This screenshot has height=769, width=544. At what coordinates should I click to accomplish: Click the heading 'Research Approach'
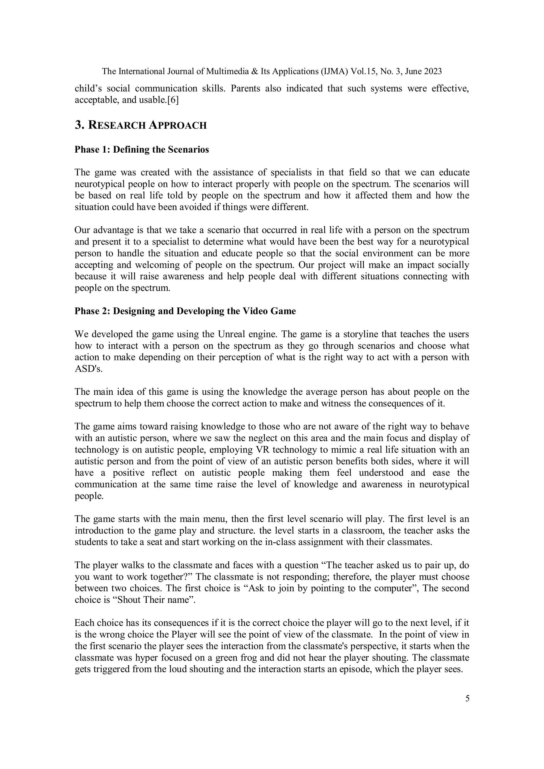[147, 125]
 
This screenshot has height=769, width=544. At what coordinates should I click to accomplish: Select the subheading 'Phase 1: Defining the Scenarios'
[142, 149]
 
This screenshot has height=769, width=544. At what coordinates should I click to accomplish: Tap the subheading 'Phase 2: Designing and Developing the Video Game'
[185, 311]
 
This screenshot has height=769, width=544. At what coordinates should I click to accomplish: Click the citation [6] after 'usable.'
[173, 100]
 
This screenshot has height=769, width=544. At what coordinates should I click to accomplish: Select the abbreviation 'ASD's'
[88, 369]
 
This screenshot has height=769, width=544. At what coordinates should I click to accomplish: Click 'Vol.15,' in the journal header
[364, 71]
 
